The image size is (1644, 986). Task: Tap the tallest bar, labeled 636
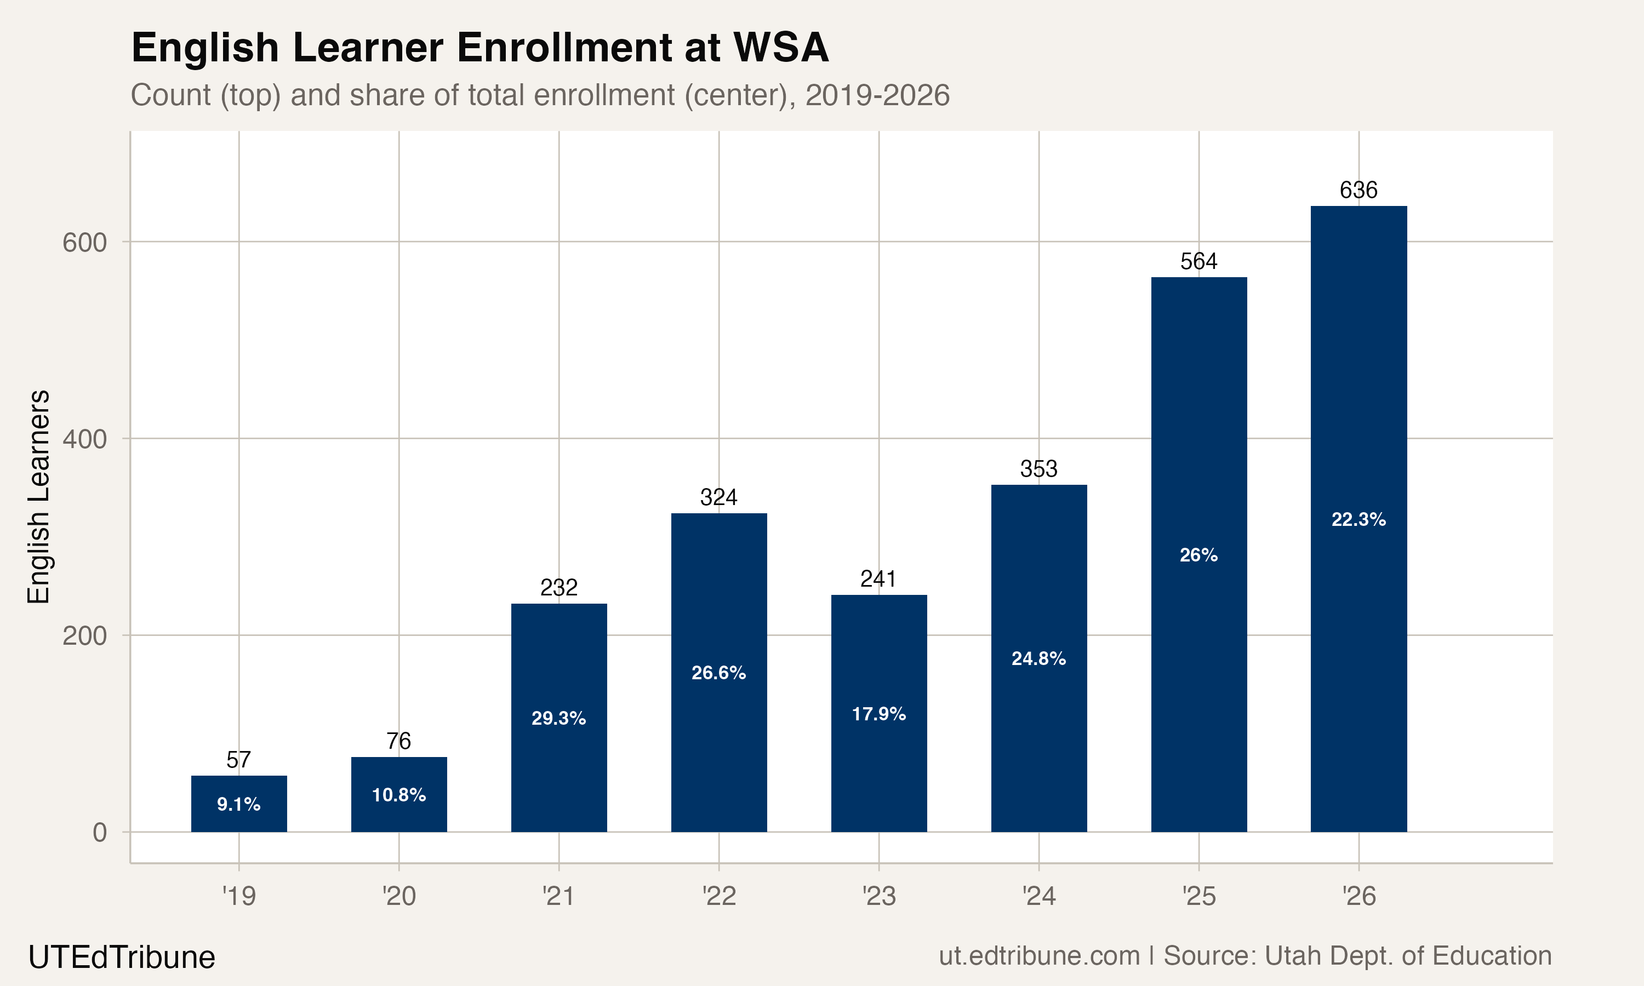click(1358, 518)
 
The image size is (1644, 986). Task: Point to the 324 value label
click(718, 497)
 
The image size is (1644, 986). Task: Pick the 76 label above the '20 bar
click(399, 741)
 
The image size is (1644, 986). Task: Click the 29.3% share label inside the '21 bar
click(558, 718)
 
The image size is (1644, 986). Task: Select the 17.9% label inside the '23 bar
click(878, 714)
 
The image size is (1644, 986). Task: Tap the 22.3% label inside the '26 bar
click(1358, 520)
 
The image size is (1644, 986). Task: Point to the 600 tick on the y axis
click(84, 243)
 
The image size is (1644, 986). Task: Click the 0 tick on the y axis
click(99, 833)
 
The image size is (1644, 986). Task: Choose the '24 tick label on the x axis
click(1038, 896)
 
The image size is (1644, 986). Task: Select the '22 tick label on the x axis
click(718, 896)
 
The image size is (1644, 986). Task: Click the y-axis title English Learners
click(38, 496)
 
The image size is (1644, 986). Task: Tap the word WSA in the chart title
click(780, 48)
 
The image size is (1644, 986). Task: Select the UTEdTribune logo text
click(122, 958)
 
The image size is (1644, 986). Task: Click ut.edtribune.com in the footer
click(1038, 956)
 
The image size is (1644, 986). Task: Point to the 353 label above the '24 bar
click(1038, 469)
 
